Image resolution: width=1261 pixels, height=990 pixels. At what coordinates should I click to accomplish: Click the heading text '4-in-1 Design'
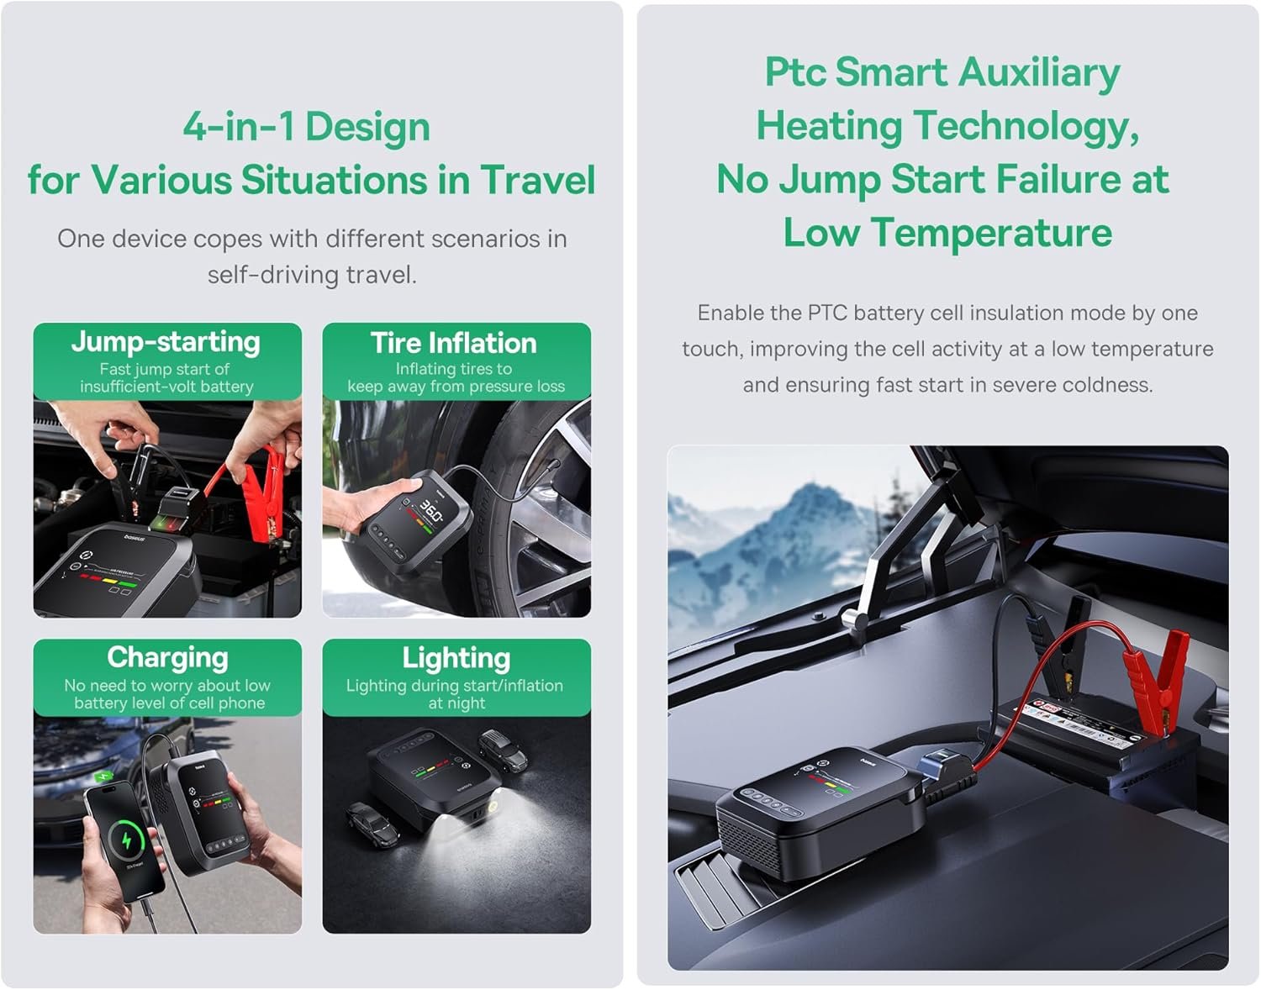306,126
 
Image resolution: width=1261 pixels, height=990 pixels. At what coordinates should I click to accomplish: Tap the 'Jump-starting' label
166,341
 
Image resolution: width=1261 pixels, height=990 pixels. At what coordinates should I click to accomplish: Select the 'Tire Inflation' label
454,343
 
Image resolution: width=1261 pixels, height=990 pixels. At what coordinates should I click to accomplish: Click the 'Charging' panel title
167,658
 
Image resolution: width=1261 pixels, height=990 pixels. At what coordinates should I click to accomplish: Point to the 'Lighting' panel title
456,658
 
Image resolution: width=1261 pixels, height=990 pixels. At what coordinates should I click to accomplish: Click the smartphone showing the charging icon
124,841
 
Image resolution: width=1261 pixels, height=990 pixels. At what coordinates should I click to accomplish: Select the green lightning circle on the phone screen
126,840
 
